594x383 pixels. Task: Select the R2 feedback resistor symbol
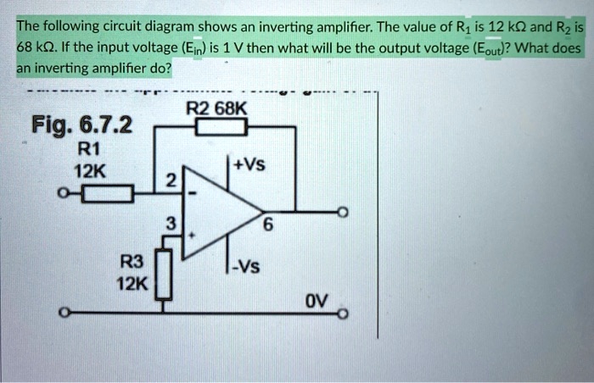(220, 128)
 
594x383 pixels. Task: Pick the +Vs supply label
(249, 166)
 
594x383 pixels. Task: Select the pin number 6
(268, 226)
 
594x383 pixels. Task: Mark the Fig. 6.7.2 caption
(81, 127)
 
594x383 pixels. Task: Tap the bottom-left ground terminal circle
(62, 314)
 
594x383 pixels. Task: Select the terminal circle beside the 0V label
(343, 314)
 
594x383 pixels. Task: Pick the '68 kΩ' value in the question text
(34, 47)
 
